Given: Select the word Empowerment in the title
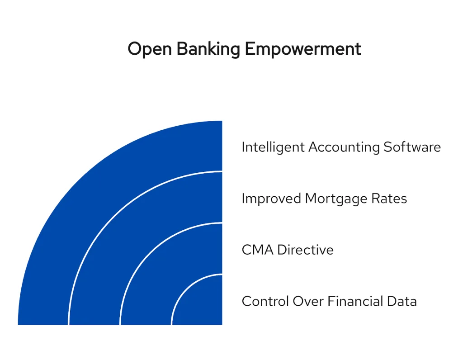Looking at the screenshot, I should (x=303, y=49).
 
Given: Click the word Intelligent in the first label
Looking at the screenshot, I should (x=273, y=147).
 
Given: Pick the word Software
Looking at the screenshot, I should (x=412, y=147).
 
